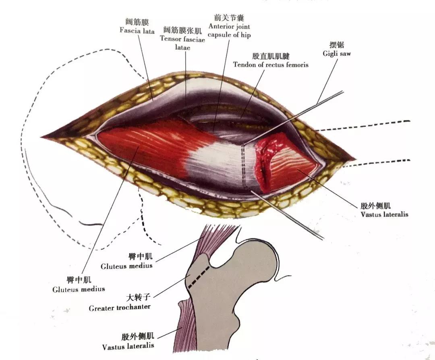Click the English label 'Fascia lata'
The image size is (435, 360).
coord(137,31)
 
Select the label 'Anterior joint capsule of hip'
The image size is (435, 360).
coord(229,31)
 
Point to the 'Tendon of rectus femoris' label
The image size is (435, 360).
coord(271,65)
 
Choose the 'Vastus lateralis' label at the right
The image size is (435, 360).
coord(384,214)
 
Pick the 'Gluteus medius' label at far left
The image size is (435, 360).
coord(79,289)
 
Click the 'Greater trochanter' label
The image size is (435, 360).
coord(120,307)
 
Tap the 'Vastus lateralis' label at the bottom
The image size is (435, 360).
coord(128,346)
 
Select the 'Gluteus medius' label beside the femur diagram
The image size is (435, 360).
coord(126,266)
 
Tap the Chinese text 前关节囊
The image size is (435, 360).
coord(229,17)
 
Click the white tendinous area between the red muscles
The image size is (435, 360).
coord(217,161)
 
